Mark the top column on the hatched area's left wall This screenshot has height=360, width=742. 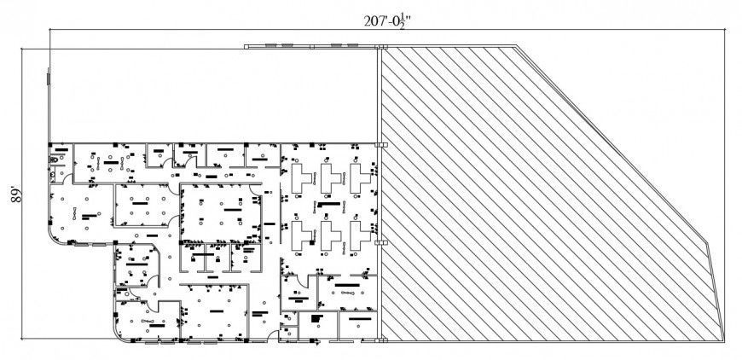382,146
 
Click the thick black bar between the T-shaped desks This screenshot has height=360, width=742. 328,205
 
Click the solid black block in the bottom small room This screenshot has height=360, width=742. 316,318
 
